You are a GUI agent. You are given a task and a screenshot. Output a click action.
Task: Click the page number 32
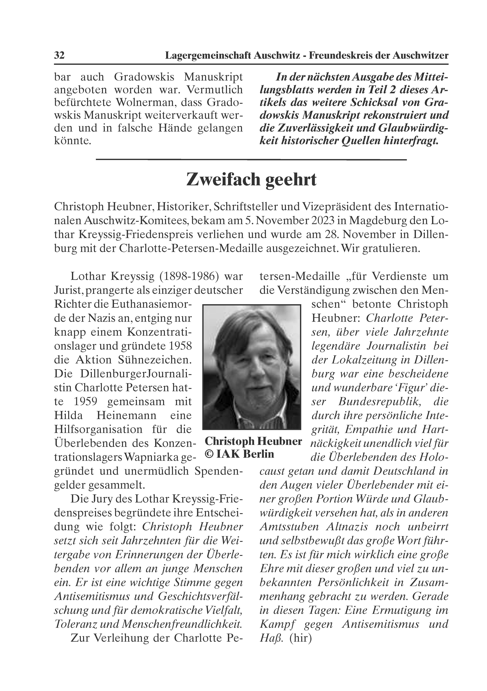pos(59,55)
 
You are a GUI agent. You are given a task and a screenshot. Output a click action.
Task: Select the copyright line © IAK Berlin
pos(239,454)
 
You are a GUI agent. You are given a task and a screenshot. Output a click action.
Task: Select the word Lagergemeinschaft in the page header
pos(208,55)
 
